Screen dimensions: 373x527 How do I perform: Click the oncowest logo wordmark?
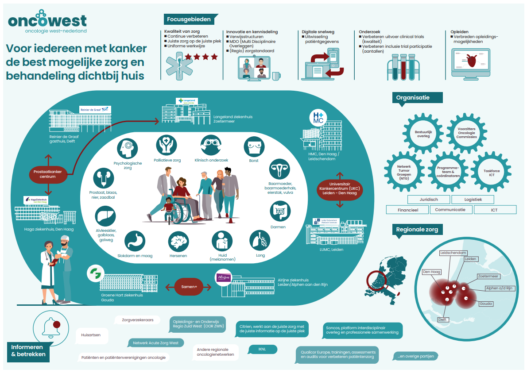point(47,20)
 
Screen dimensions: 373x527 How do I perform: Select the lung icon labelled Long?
point(260,241)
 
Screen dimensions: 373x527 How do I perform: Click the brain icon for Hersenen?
point(178,242)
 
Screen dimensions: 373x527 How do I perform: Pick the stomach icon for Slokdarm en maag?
point(135,242)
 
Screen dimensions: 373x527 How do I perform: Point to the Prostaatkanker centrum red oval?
point(48,174)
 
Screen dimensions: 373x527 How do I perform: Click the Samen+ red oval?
point(189,286)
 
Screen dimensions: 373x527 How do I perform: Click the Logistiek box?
point(473,200)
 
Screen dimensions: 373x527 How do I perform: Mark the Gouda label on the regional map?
point(486,304)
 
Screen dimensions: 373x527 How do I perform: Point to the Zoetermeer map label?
point(488,277)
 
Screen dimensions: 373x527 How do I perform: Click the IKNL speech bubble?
point(262,349)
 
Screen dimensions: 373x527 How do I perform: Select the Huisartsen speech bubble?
point(91,335)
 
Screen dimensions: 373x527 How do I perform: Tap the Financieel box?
point(407,210)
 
